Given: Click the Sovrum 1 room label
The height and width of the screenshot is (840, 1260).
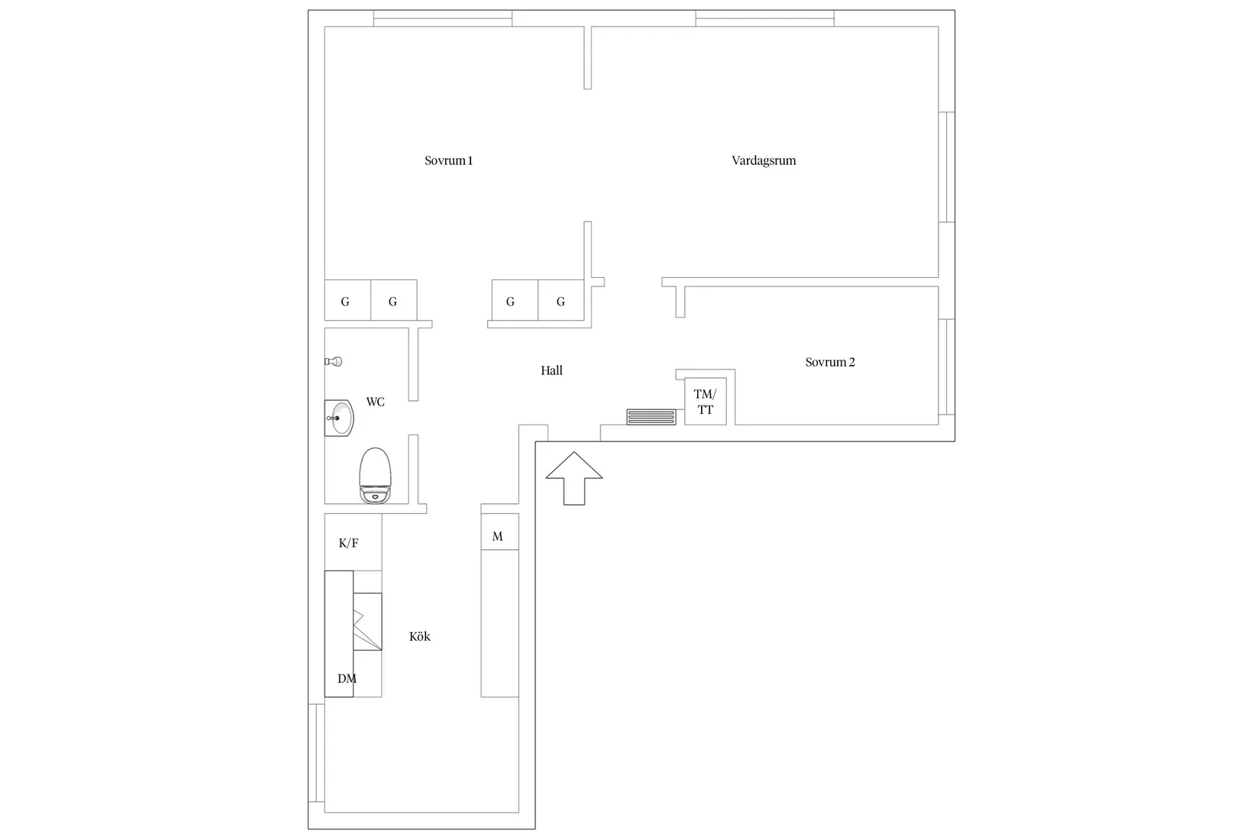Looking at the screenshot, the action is click(x=448, y=160).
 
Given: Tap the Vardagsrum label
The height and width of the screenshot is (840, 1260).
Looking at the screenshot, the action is click(x=764, y=160).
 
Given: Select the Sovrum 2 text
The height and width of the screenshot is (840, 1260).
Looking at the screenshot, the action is click(x=829, y=362).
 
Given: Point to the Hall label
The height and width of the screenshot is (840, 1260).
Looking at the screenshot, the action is click(x=551, y=370).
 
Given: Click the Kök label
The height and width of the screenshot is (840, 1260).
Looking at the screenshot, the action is click(x=420, y=636).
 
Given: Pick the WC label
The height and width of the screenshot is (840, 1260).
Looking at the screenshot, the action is click(x=375, y=402).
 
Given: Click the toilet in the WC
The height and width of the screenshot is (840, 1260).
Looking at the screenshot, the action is click(x=375, y=476).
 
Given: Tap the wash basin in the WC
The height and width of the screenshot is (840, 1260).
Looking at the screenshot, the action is click(x=338, y=418).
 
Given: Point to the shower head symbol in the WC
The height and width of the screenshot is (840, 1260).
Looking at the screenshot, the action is click(x=334, y=361).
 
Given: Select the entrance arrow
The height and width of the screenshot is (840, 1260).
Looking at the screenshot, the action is click(x=573, y=478).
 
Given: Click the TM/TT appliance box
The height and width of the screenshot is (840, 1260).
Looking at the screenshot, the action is click(x=706, y=402).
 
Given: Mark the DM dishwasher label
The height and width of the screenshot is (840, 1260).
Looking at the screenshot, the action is click(x=347, y=679).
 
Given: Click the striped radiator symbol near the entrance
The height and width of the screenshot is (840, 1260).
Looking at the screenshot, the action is click(x=651, y=417).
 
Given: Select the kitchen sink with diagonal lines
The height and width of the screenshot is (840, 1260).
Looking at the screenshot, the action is click(x=367, y=622).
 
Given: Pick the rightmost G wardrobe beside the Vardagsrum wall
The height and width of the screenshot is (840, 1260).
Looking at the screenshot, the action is click(x=561, y=300).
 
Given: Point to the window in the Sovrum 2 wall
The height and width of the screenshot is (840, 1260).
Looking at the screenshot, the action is click(x=947, y=367).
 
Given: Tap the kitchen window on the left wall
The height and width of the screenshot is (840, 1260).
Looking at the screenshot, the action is click(x=316, y=753).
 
